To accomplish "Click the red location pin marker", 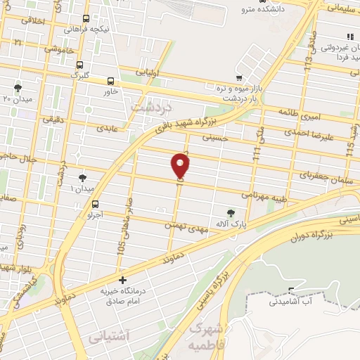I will point(181,165).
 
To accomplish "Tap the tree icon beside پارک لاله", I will point(231,212).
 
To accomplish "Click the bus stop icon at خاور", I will point(110,82).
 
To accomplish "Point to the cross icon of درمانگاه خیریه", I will point(122,280).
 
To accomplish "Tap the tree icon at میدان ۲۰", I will point(18,88).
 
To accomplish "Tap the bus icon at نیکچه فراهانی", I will point(85,19).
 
